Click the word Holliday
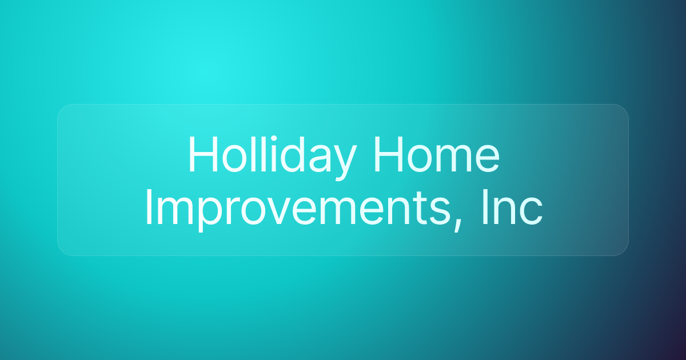pyautogui.click(x=270, y=156)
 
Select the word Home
pyautogui.click(x=436, y=156)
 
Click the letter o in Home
pyautogui.click(x=420, y=160)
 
